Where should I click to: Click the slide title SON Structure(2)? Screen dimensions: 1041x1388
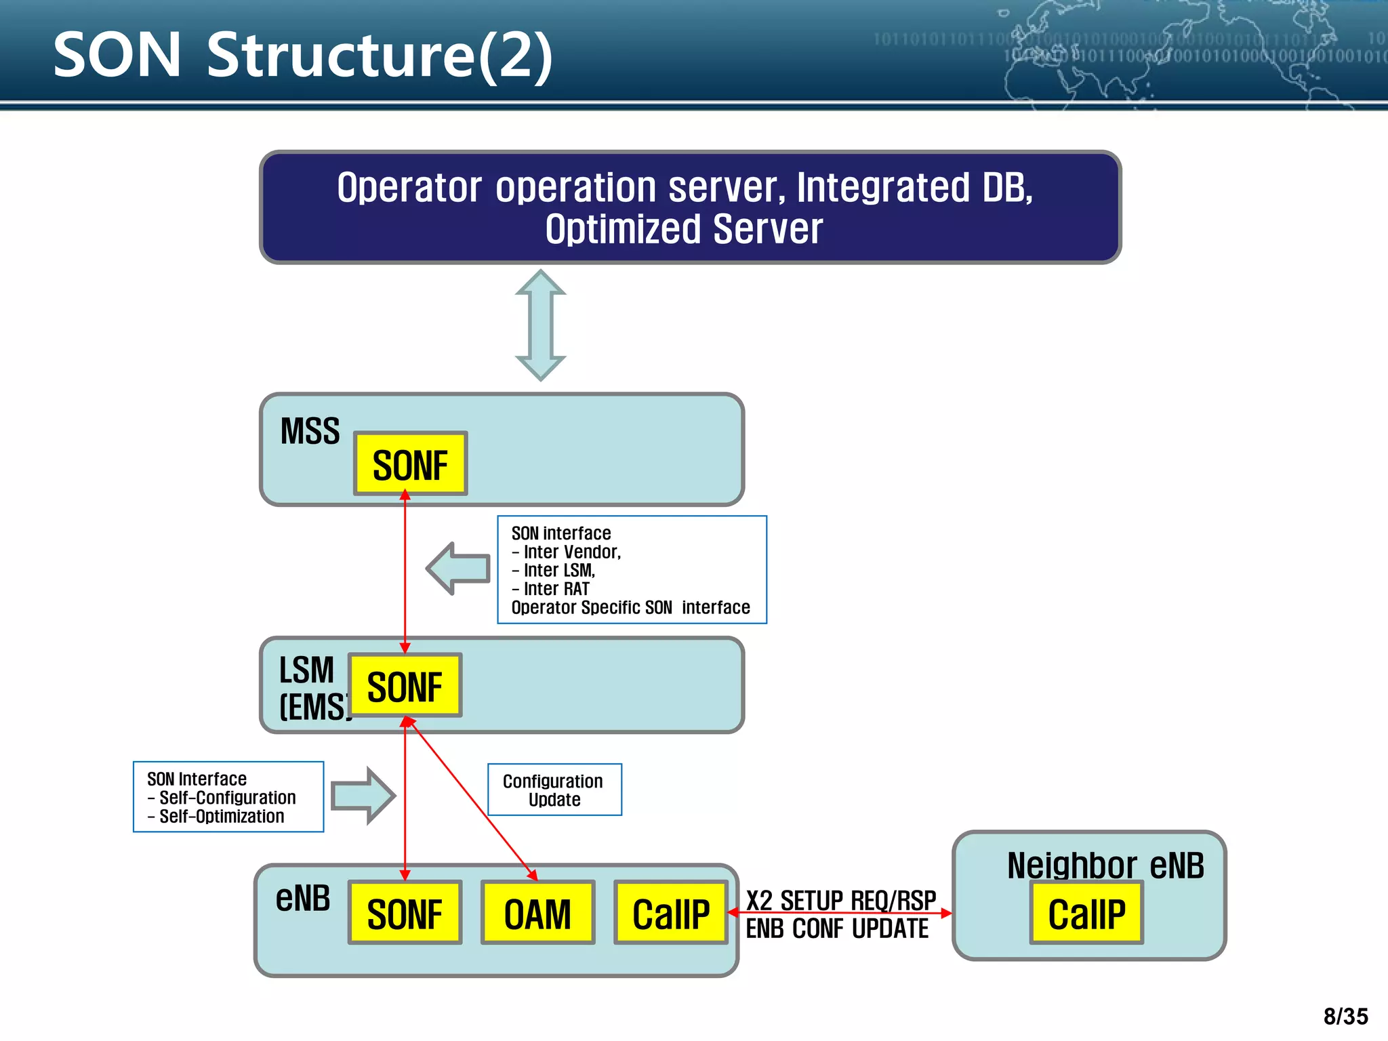point(302,56)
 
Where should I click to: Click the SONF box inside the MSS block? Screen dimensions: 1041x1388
point(410,464)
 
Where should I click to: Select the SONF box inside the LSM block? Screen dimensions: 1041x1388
point(405,685)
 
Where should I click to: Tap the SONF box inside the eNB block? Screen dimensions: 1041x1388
point(405,913)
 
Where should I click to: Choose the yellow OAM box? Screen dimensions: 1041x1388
point(537,913)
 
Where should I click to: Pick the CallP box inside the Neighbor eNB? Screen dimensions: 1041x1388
point(1086,913)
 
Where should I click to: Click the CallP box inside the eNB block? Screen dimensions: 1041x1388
point(670,913)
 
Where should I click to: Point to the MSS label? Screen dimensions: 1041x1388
point(310,432)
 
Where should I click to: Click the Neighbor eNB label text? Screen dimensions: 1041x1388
point(1105,865)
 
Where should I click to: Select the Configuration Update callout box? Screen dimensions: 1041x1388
point(554,790)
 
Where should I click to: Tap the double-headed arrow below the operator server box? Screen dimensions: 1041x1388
point(540,325)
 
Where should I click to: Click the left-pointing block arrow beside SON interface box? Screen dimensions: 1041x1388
point(459,568)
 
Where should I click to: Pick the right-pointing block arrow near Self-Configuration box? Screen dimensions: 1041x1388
point(363,796)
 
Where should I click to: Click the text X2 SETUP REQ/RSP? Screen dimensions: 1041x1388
point(840,900)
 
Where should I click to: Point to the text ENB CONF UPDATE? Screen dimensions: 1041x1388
point(837,929)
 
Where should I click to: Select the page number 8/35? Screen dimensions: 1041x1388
point(1345,1017)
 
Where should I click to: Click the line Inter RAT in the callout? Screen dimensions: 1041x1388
point(556,589)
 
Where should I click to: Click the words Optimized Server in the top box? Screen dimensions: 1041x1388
point(683,229)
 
